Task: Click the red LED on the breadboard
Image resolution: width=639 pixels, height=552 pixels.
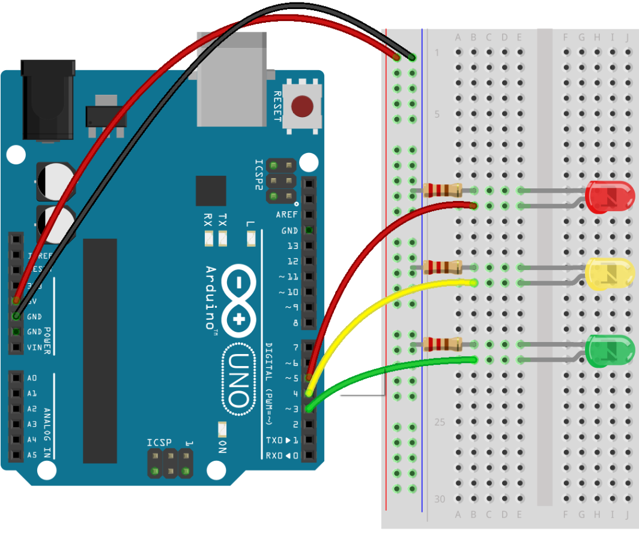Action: (x=609, y=197)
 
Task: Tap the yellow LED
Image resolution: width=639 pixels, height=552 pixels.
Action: (x=609, y=274)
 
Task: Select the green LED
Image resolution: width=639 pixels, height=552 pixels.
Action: (x=609, y=351)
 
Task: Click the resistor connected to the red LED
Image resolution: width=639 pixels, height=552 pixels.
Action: (x=442, y=190)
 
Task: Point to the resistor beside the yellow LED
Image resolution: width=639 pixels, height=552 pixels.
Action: (x=442, y=266)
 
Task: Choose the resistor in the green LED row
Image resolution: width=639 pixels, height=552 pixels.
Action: (x=442, y=344)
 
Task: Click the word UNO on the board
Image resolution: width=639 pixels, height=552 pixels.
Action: (x=238, y=379)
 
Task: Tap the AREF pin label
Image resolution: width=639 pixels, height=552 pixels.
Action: (x=286, y=215)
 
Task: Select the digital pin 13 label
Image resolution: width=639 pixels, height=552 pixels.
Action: (x=292, y=246)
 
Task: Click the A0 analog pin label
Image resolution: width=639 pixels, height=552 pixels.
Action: (x=32, y=378)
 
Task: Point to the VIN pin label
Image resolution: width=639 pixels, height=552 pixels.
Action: (x=34, y=347)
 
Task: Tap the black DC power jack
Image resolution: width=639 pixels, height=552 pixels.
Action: (x=47, y=99)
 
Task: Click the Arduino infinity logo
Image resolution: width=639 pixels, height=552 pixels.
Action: (x=238, y=300)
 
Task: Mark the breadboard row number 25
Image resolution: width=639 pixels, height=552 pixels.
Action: (x=440, y=422)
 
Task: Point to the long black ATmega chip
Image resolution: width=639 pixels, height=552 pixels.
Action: (x=100, y=350)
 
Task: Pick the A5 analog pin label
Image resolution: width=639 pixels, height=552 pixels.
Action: (x=32, y=455)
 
